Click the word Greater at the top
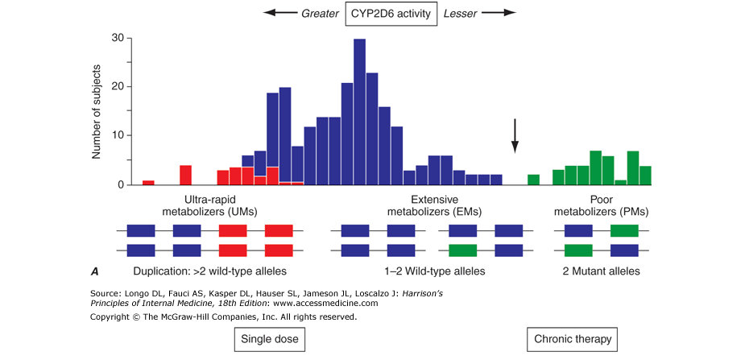319,13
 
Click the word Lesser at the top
462,13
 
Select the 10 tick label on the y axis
118,135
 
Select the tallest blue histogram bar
360,112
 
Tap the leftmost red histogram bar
148,183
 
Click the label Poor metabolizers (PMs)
602,205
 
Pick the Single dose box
270,339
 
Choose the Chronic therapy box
573,339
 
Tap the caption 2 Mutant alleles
602,271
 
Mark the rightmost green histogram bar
645,176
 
